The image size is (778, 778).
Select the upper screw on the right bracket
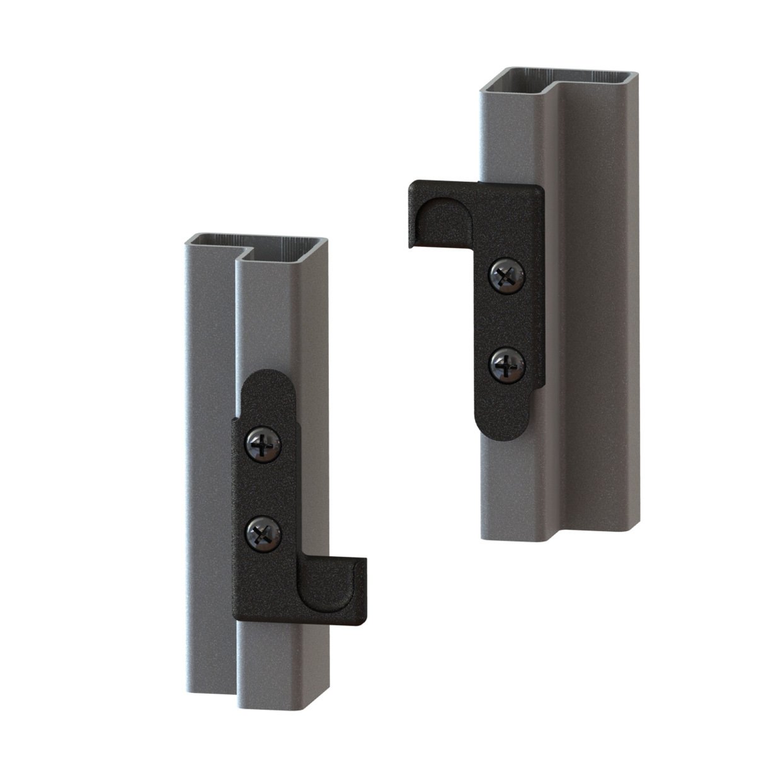508,275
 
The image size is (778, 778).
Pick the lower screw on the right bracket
508,364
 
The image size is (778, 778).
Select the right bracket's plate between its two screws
508,319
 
